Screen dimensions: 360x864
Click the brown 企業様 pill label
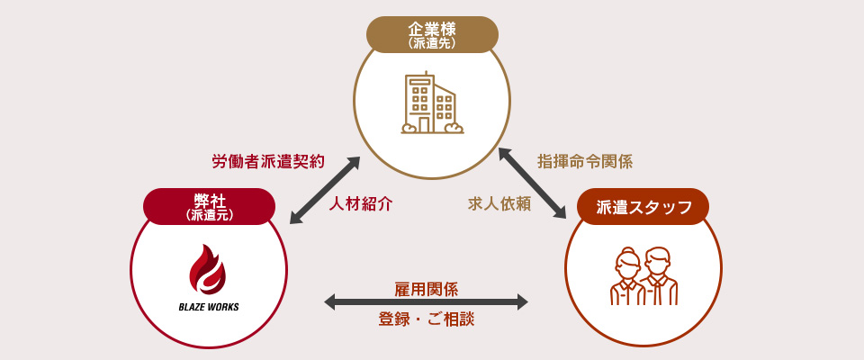click(432, 33)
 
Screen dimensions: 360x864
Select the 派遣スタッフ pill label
click(643, 207)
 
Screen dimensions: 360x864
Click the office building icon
click(432, 103)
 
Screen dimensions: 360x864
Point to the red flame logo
click(208, 269)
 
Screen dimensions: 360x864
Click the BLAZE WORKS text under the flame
click(209, 305)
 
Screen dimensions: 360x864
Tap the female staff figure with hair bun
click(627, 277)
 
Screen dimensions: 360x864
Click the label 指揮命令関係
click(585, 162)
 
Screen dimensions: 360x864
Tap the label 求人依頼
click(499, 203)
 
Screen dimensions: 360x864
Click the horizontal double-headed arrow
click(426, 303)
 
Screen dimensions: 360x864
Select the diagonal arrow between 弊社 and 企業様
click(325, 190)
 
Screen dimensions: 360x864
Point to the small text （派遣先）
click(432, 43)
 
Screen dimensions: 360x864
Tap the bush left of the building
click(409, 129)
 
